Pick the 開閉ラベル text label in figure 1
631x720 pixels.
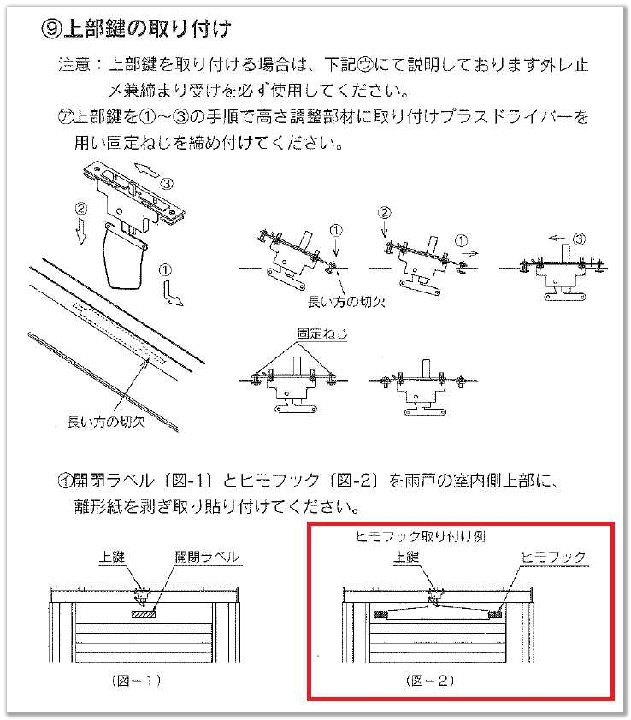point(207,557)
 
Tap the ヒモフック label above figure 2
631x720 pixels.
point(556,557)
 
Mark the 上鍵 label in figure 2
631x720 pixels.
point(406,557)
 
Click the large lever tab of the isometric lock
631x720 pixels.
point(123,257)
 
